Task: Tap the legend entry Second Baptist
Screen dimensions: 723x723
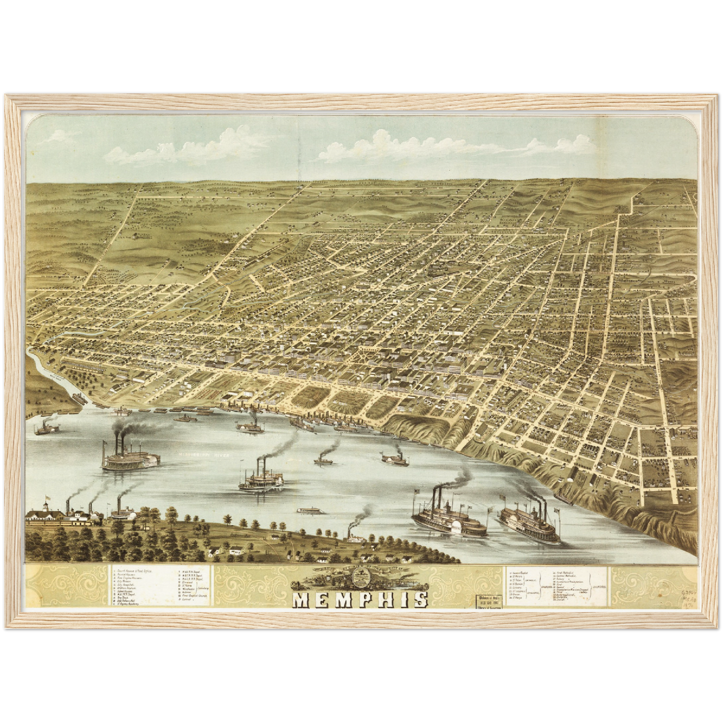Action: [x=520, y=571]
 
